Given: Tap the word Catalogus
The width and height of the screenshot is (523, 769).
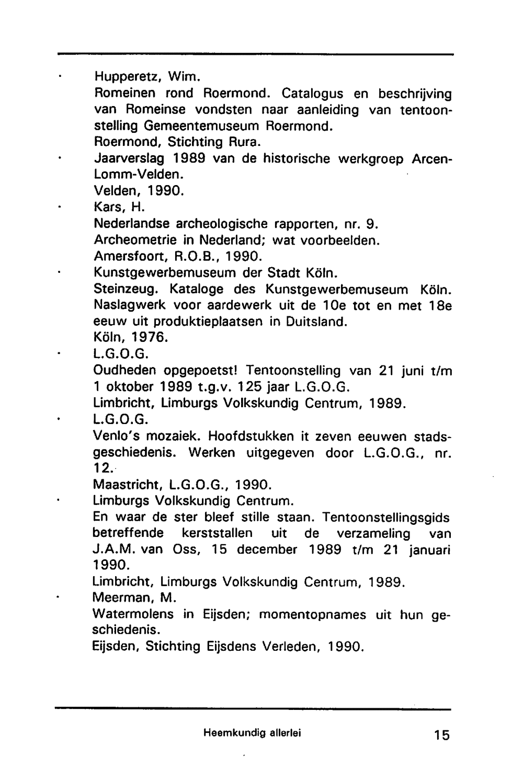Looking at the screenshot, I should (312, 94).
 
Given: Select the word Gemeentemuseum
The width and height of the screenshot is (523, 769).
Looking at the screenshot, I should (203, 126).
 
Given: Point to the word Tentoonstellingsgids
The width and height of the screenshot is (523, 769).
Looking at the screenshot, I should (386, 518).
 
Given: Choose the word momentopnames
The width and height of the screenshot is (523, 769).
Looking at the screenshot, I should (313, 614).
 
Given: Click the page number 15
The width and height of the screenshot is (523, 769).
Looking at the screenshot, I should (441, 735).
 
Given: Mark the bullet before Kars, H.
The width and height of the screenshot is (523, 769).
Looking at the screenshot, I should (61, 208).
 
